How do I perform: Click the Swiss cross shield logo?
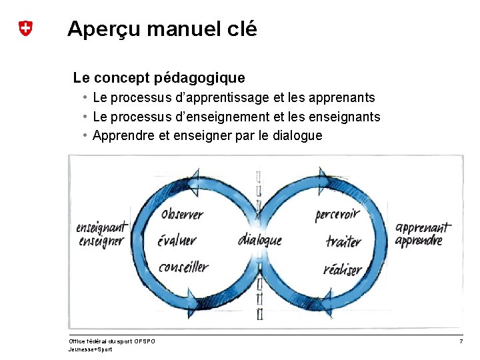(x=25, y=29)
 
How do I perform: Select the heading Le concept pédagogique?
(x=159, y=78)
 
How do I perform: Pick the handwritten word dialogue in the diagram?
(x=259, y=240)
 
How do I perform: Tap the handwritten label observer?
(x=182, y=215)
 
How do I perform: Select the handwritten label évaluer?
(x=177, y=241)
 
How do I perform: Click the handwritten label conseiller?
(x=183, y=267)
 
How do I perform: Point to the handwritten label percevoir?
(x=337, y=215)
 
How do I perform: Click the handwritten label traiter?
(x=343, y=241)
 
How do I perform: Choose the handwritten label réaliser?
(x=342, y=269)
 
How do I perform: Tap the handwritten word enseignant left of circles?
(x=102, y=227)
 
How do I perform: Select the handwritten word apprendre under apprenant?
(x=419, y=241)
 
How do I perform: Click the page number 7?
(x=461, y=341)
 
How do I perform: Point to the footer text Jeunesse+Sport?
(x=90, y=349)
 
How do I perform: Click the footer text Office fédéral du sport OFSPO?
(x=112, y=341)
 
